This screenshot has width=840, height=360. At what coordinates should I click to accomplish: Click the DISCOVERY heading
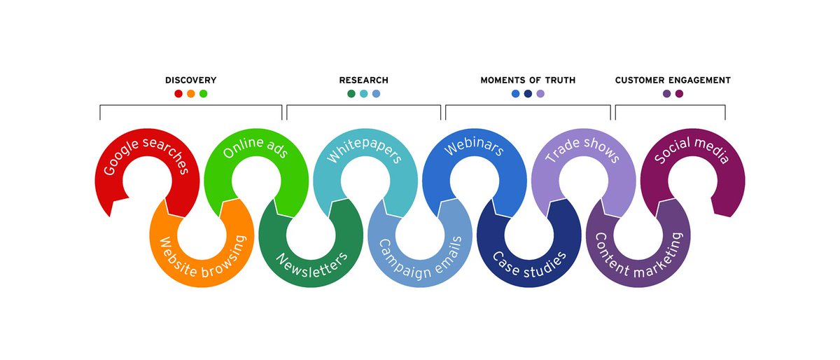coord(190,81)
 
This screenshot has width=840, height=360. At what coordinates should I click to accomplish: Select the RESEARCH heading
coord(363,81)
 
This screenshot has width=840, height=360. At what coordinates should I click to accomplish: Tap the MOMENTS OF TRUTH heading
coord(528,81)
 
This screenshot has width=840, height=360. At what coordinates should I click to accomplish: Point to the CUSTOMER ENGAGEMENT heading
coord(673,81)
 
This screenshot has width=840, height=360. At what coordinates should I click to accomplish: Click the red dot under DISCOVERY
coord(178,94)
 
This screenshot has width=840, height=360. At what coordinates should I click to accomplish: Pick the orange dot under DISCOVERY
coord(191,94)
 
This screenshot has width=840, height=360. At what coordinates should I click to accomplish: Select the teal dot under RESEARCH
coord(364,94)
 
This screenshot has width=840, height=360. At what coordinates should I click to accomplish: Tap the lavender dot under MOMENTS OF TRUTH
coord(540,94)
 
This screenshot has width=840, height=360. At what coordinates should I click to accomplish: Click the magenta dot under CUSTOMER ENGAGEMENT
coord(679,94)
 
